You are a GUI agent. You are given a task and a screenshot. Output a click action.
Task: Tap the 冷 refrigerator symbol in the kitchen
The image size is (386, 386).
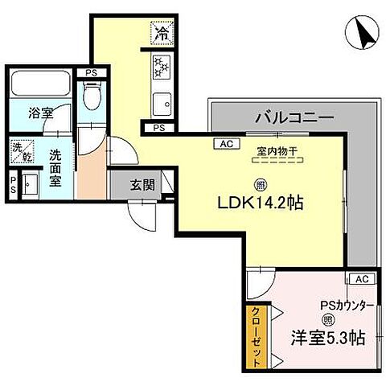[162, 33]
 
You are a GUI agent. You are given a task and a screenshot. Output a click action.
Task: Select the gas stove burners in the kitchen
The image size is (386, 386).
[159, 67]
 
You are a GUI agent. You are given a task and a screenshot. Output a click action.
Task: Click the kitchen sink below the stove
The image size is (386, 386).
[159, 103]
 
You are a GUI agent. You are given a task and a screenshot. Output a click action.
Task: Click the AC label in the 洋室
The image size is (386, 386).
[361, 278]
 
